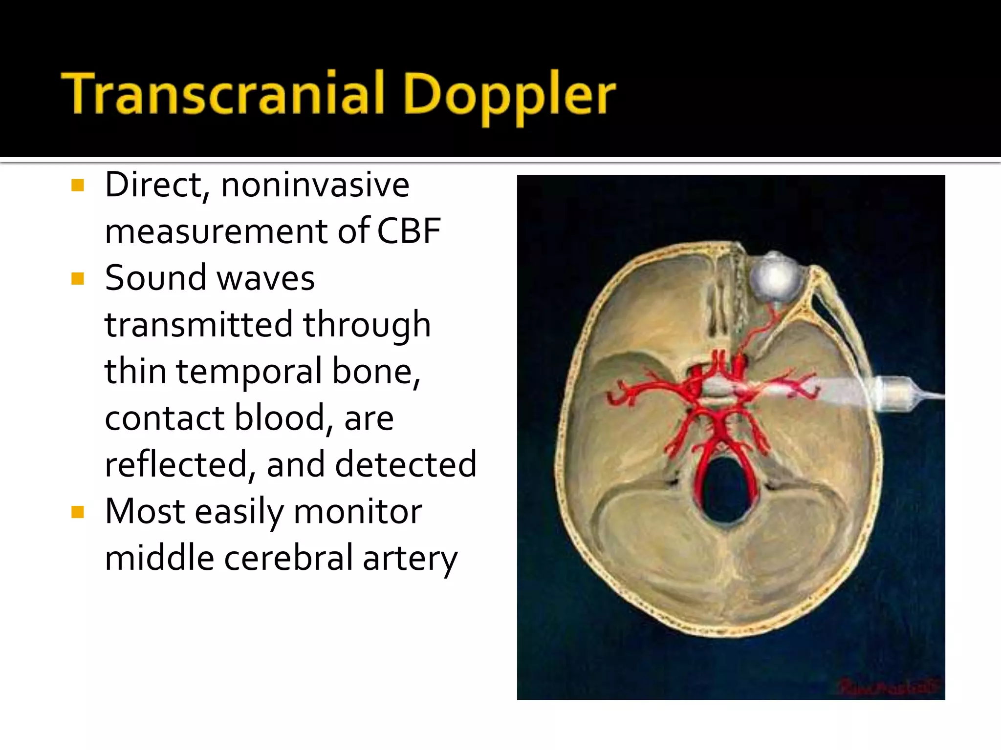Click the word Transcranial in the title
[225, 93]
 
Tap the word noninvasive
[315, 186]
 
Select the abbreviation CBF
[409, 231]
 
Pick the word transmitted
[198, 325]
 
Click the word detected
[406, 464]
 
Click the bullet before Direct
[78, 185]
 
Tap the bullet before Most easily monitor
[78, 512]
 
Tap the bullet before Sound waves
[78, 279]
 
